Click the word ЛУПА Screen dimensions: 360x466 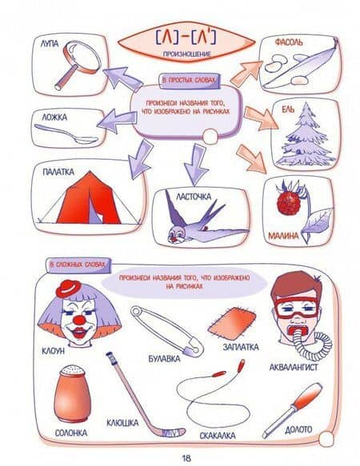click(x=50, y=44)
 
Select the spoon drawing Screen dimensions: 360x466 click(x=66, y=133)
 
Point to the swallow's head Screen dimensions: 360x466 click(x=175, y=235)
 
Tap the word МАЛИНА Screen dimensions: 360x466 click(x=283, y=236)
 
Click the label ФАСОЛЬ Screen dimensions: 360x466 click(x=289, y=42)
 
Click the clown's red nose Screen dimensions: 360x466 click(x=79, y=320)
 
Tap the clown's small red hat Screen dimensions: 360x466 click(x=69, y=289)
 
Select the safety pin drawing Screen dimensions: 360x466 click(x=167, y=331)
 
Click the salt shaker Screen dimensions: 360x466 click(x=72, y=393)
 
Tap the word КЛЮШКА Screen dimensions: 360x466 click(x=122, y=422)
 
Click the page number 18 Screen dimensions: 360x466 click(x=186, y=458)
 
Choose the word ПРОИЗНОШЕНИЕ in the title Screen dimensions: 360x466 click(x=187, y=54)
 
